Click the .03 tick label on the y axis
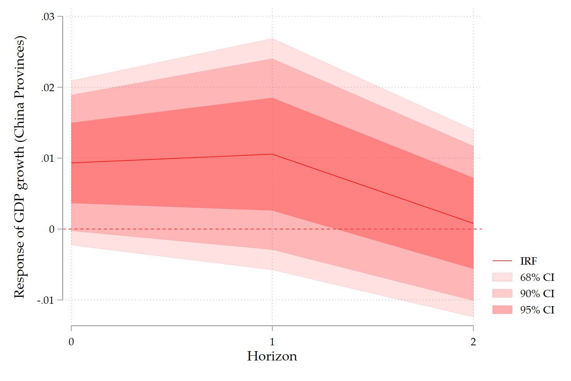(x=48, y=17)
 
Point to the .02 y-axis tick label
(x=48, y=87)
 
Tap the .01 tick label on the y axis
(x=48, y=158)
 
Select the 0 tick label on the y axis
(x=52, y=229)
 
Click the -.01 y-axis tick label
(x=45, y=300)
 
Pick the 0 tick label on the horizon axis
(x=71, y=342)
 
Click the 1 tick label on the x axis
(x=272, y=342)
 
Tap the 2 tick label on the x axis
(x=473, y=342)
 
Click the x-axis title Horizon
(x=272, y=356)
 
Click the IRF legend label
(x=528, y=261)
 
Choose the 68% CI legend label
(x=537, y=277)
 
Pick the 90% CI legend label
(x=537, y=294)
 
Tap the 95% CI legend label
(x=537, y=310)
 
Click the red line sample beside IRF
(x=502, y=261)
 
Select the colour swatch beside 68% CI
(x=502, y=277)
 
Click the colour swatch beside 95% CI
(x=502, y=310)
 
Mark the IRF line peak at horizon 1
(x=272, y=154)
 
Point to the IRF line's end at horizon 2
(x=473, y=223)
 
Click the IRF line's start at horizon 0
(x=72, y=163)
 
